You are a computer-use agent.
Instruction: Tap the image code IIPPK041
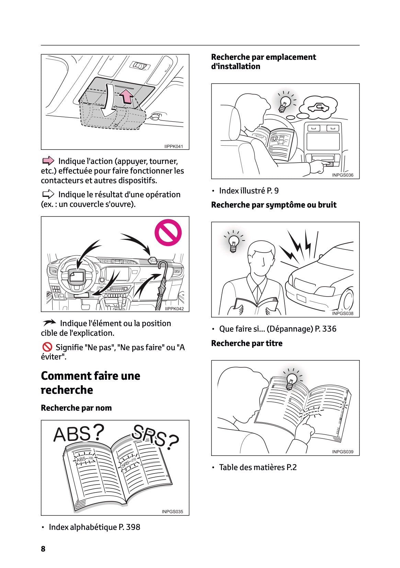point(174,146)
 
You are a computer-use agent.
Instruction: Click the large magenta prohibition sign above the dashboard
point(168,233)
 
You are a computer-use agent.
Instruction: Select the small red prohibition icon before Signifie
point(47,347)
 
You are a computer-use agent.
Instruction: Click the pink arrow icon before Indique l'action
point(48,161)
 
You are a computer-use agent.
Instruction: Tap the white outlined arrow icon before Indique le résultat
point(48,194)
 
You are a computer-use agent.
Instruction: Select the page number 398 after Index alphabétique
point(133,527)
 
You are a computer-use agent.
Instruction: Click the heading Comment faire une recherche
point(90,383)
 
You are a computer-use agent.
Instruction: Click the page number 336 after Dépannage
point(329,329)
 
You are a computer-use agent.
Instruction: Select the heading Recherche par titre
point(247,343)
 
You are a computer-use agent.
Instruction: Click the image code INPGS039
point(342,452)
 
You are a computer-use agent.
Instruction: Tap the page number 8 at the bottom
point(43,549)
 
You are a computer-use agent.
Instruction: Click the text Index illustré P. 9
point(249,191)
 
